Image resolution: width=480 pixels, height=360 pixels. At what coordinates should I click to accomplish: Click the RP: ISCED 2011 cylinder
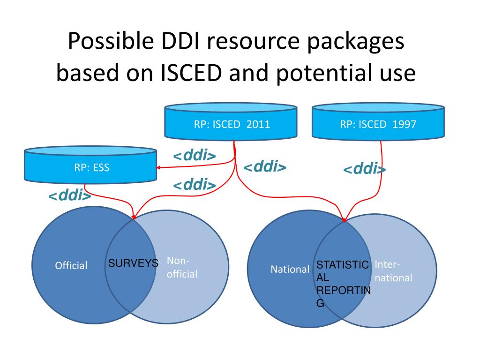click(x=231, y=121)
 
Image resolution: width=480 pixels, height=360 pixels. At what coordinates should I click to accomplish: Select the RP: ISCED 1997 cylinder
click(x=378, y=121)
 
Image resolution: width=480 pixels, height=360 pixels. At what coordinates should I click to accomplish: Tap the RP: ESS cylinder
click(x=90, y=165)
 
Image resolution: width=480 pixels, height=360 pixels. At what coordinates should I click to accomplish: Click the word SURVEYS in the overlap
click(x=133, y=263)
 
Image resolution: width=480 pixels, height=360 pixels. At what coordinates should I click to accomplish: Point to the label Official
click(x=71, y=265)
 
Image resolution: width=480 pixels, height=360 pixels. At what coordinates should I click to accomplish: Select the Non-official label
click(x=182, y=267)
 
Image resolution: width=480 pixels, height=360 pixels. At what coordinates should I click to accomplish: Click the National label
click(x=290, y=270)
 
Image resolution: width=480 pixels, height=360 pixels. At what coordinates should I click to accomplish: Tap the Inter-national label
click(x=393, y=271)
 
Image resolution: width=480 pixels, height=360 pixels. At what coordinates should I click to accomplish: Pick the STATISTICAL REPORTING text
click(x=343, y=284)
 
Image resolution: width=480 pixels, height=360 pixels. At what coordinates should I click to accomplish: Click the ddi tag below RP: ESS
click(x=70, y=195)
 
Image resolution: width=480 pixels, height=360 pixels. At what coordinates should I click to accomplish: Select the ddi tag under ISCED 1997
click(x=364, y=169)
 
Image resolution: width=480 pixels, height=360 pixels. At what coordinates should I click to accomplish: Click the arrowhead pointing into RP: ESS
click(x=158, y=167)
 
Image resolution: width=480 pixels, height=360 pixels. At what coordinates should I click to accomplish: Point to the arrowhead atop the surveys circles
click(x=134, y=217)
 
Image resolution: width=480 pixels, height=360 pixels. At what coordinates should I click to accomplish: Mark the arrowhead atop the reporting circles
click(x=344, y=219)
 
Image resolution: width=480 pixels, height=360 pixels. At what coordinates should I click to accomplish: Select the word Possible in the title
click(x=111, y=41)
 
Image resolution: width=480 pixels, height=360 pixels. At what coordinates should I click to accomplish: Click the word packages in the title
click(x=356, y=42)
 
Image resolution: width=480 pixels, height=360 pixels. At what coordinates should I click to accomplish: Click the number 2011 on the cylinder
click(x=258, y=124)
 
